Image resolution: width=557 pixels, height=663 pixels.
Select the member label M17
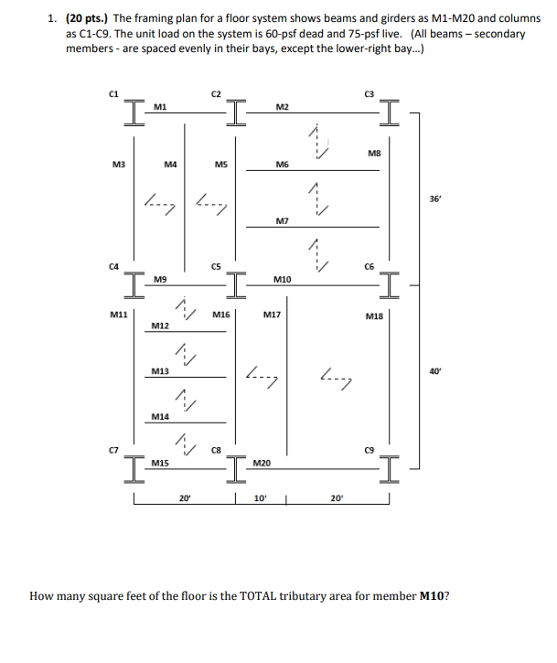tap(271, 315)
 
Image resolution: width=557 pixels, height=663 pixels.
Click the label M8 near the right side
tap(373, 155)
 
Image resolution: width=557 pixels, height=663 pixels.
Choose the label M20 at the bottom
tap(261, 465)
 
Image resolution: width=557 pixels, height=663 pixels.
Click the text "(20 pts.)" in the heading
tap(87, 17)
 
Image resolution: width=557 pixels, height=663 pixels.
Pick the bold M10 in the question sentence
tap(433, 595)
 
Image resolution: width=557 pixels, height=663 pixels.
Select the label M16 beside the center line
tap(220, 315)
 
